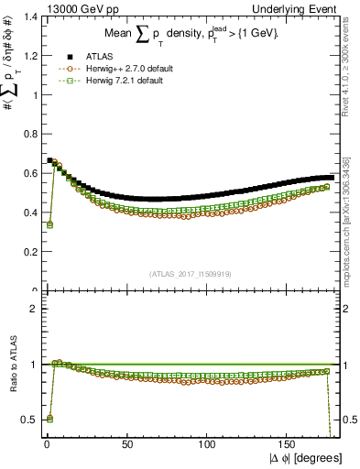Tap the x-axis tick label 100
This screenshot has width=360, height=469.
click(207, 443)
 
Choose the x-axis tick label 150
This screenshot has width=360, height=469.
click(289, 443)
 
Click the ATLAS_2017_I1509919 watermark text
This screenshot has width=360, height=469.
click(191, 272)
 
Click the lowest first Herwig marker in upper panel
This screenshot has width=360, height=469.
click(49, 224)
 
